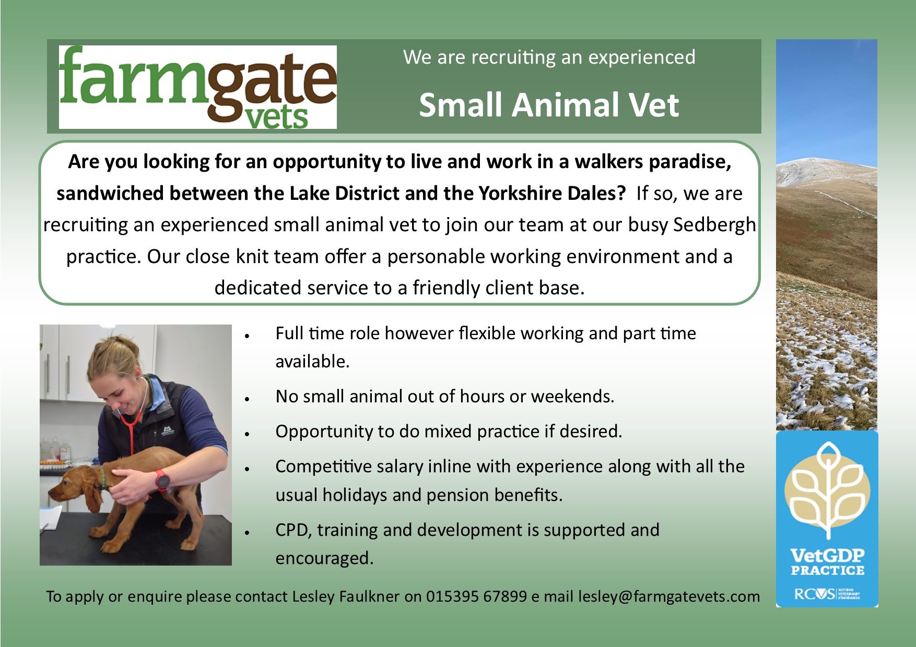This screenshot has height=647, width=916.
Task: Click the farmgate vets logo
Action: point(197,87)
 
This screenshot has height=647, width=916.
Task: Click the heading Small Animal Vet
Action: point(549,105)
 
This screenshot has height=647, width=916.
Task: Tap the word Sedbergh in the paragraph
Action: point(714,225)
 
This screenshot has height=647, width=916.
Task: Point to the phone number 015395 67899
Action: point(476,596)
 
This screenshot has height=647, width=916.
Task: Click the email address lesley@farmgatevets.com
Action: point(669,596)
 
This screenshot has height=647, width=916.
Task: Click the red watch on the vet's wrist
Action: point(162,480)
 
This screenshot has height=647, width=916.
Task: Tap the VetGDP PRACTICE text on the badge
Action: point(827,562)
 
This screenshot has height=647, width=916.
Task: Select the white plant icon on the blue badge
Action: point(827,490)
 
